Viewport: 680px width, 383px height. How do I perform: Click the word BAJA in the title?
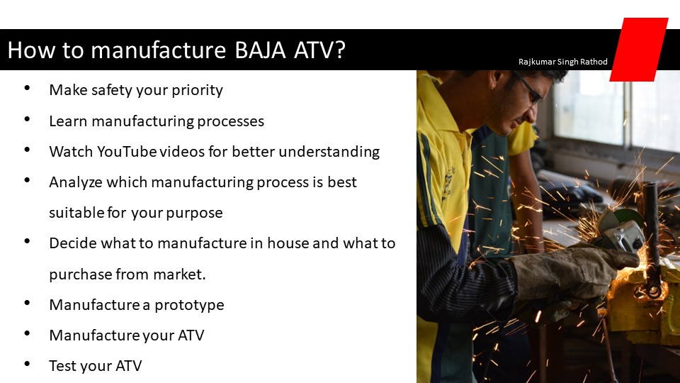click(260, 50)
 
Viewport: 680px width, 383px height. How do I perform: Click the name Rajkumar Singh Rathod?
click(563, 62)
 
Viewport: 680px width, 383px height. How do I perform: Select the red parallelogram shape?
click(639, 50)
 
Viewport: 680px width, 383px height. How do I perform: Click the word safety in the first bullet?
click(111, 90)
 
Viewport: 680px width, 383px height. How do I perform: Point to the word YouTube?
click(127, 152)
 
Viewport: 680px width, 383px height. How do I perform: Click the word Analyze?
click(76, 182)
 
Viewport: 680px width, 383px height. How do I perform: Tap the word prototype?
click(190, 305)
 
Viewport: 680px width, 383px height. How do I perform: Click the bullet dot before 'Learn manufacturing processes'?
click(28, 119)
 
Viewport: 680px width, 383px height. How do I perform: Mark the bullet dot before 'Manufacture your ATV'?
click(28, 333)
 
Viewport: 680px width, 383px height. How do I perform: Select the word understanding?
click(329, 152)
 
